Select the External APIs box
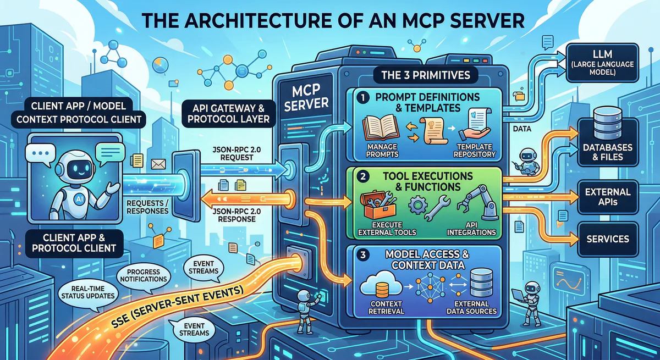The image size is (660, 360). click(x=608, y=197)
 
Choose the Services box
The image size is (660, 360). click(x=608, y=239)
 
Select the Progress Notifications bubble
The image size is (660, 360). click(x=142, y=275)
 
